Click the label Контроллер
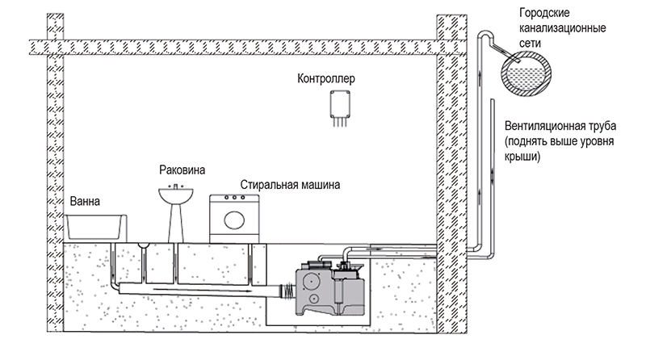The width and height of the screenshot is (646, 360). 326,78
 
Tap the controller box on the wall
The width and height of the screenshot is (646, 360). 340,104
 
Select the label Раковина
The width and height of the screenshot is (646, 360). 182,170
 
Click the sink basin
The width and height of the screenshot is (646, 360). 176,195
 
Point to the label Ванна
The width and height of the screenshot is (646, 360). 85,202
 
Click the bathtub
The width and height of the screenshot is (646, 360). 95,227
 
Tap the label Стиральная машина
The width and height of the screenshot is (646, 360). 290,185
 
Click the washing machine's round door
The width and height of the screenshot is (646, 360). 234,220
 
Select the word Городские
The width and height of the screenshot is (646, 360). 544,13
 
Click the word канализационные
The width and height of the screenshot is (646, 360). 562,28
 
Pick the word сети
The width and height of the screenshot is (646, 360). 530,44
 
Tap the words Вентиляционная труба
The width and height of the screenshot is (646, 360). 560,126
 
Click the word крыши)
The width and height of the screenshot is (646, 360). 522,157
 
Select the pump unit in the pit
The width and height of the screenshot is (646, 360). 331,287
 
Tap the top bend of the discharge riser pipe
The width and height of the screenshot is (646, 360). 485,35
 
